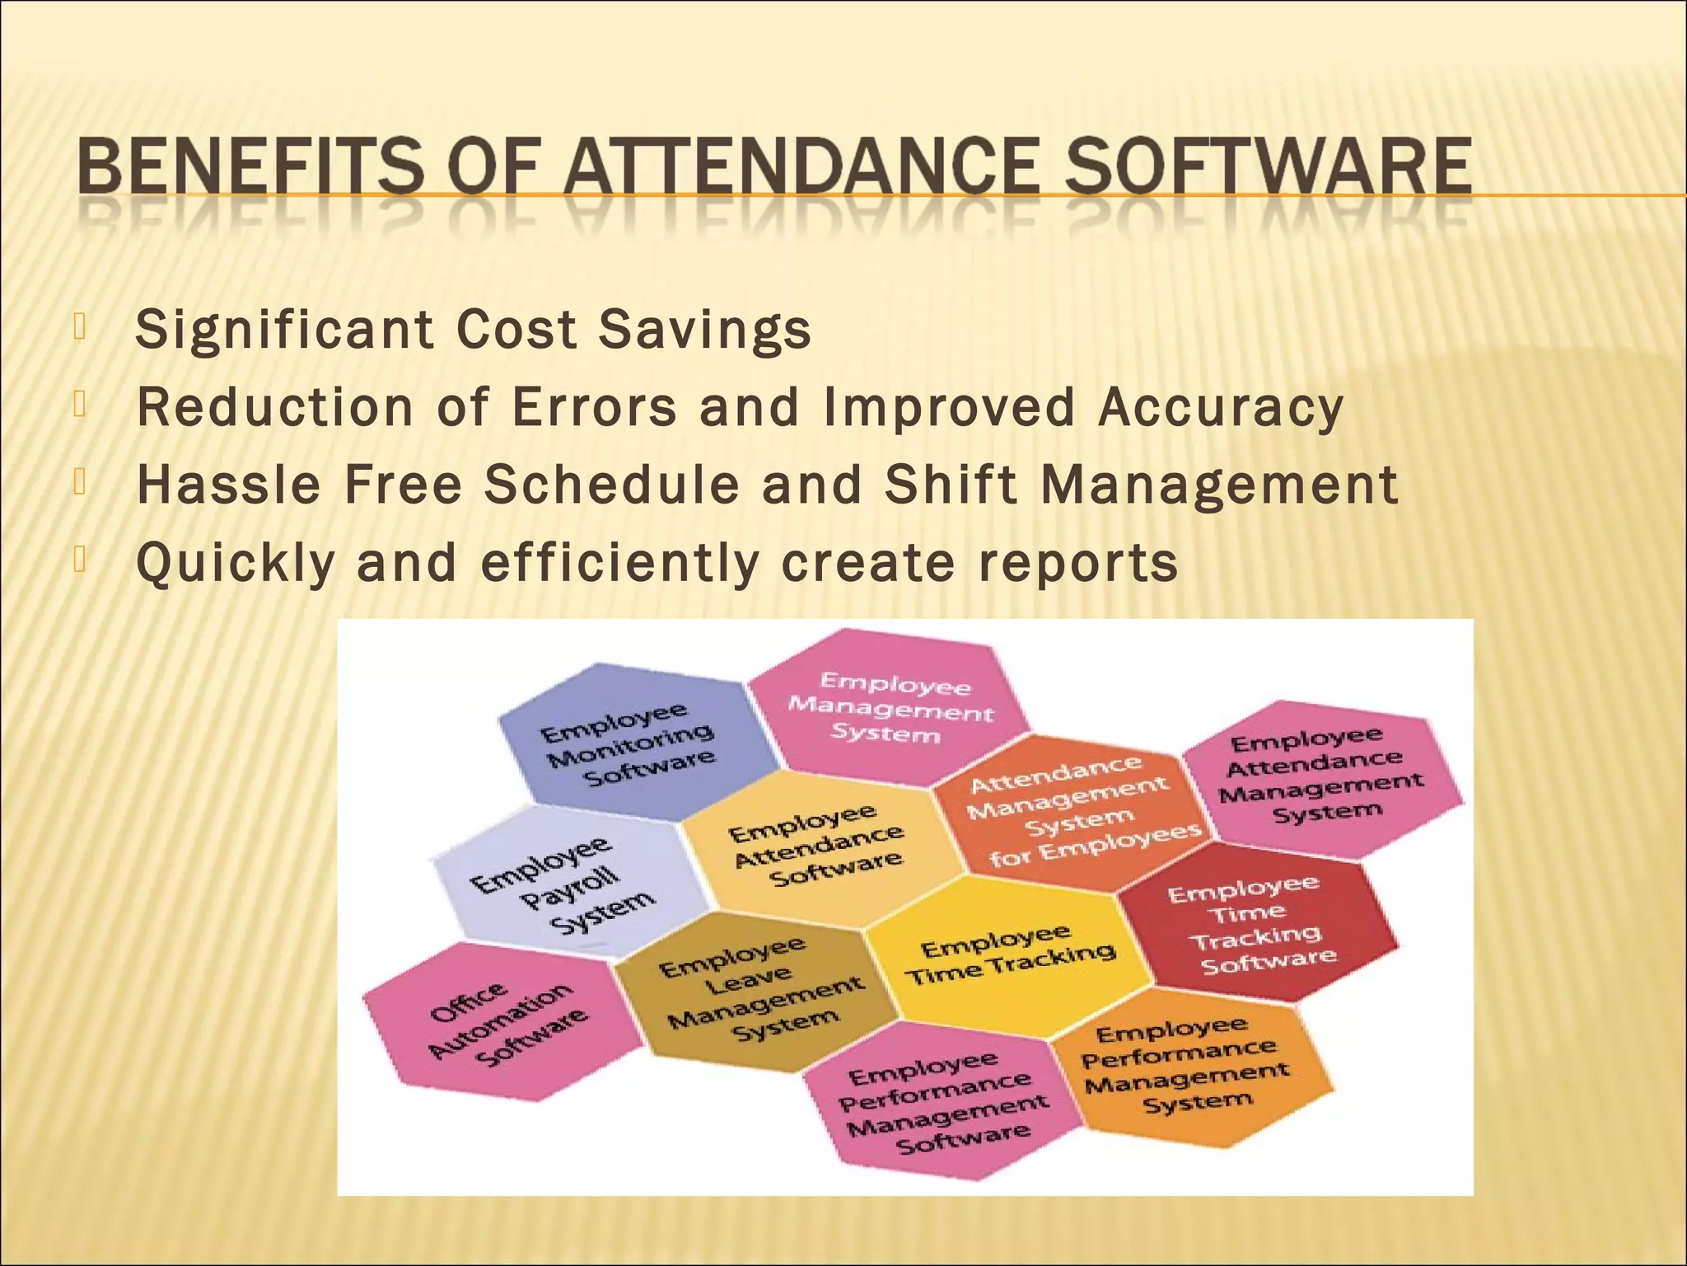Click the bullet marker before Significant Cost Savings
click(79, 327)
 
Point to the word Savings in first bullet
click(705, 330)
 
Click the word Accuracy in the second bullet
click(1221, 407)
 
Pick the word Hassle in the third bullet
click(228, 484)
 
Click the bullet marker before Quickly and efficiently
click(79, 559)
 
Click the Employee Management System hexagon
click(890, 707)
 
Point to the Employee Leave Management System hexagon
click(759, 989)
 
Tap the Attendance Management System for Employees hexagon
click(1071, 812)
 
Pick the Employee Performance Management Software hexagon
click(943, 1100)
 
